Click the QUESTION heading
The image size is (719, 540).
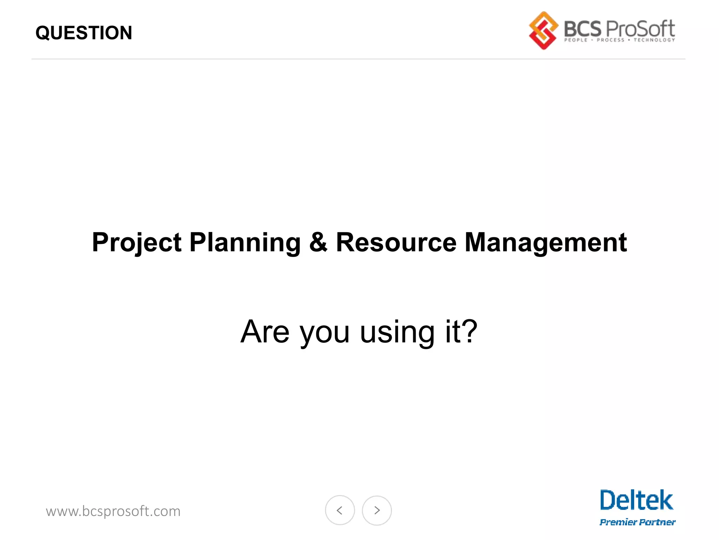tap(84, 33)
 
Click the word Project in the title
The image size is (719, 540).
tap(137, 243)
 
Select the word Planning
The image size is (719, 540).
tap(245, 243)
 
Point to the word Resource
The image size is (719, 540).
tap(396, 243)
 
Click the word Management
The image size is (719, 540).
tap(546, 243)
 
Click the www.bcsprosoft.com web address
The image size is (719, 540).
tap(113, 511)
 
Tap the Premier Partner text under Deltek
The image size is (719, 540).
tap(637, 522)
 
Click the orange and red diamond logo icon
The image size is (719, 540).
tap(543, 31)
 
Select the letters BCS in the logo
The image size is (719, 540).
tap(582, 29)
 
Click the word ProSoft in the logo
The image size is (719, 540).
tap(640, 29)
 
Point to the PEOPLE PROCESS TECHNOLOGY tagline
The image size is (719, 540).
tap(619, 40)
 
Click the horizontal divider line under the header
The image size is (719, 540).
tap(358, 59)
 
